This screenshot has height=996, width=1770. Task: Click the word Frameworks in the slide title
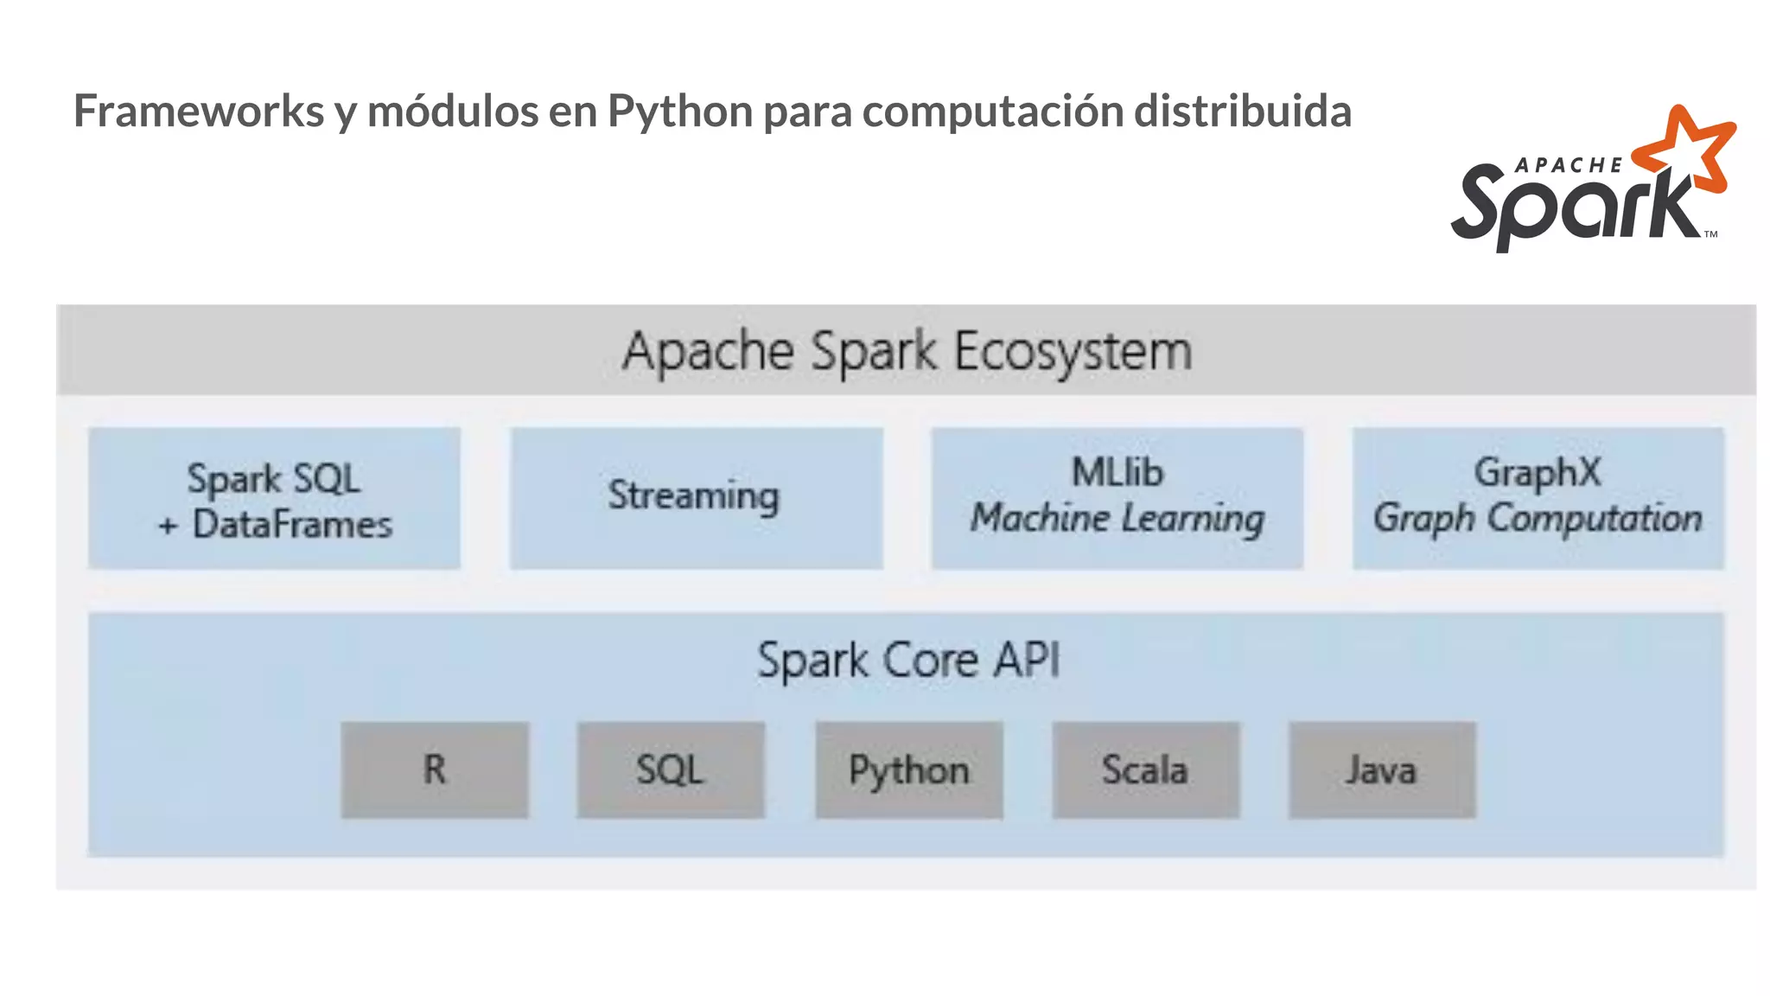coord(199,111)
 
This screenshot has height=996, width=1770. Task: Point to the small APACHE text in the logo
coord(1569,165)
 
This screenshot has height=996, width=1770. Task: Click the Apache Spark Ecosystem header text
coord(907,351)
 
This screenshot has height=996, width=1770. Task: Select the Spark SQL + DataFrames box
coord(274,499)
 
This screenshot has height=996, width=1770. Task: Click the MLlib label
coord(1117,473)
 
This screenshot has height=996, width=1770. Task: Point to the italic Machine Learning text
coord(1117,519)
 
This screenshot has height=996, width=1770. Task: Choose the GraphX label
coord(1538,473)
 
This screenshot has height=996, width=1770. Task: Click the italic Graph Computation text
coord(1538,519)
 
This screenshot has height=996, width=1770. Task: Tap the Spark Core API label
coord(907,661)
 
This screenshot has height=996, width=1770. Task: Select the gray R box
coord(435,769)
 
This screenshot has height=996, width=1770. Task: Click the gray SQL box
coord(671,769)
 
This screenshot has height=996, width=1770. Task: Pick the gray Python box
coord(909,769)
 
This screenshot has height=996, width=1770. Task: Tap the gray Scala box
coord(1145,769)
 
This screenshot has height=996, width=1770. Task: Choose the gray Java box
coord(1381,769)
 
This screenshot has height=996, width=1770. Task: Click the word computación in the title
coord(992,111)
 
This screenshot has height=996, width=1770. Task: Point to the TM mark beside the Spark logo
coord(1710,234)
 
